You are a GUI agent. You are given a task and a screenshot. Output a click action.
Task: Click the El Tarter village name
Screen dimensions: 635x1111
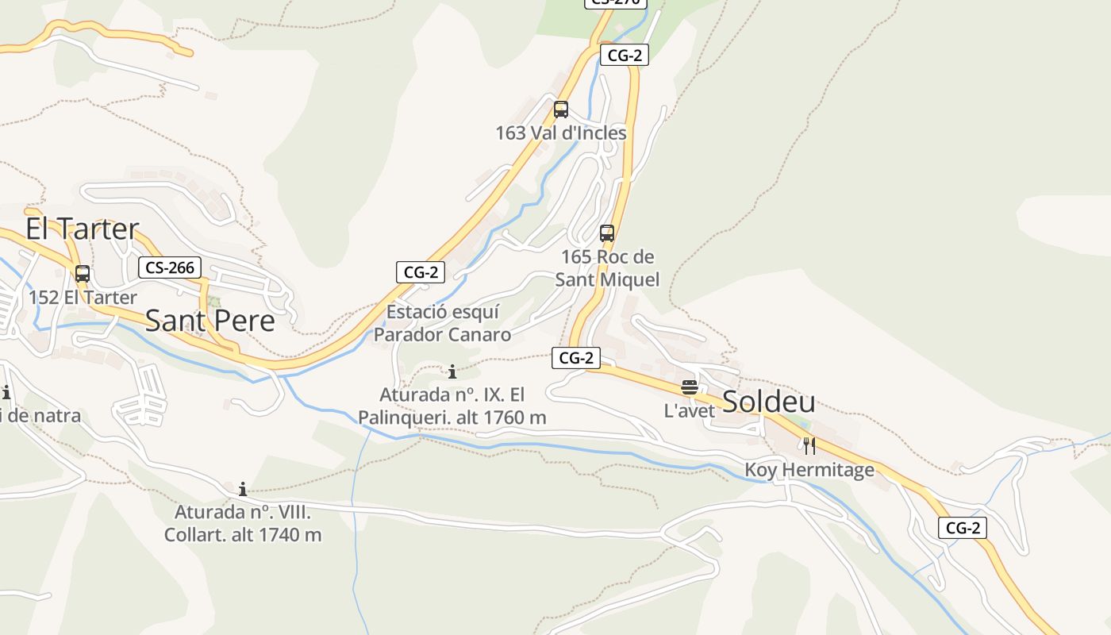pyautogui.click(x=83, y=229)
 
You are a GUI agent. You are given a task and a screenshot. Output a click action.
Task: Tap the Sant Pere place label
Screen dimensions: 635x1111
pyautogui.click(x=210, y=321)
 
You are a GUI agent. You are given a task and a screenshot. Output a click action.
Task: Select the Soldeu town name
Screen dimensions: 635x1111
pyautogui.click(x=768, y=402)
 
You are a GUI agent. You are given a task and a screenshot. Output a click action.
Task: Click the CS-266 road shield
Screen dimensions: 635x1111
pyautogui.click(x=170, y=267)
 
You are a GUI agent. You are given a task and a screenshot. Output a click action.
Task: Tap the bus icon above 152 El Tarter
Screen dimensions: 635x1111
pyautogui.click(x=83, y=274)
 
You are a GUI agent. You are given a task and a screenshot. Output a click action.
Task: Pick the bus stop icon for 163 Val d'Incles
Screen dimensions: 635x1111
pyautogui.click(x=561, y=110)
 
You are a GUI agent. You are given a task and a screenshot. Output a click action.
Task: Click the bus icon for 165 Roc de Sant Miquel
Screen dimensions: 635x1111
pyautogui.click(x=607, y=233)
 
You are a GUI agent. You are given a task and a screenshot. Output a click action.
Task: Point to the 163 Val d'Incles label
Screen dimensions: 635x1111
pyautogui.click(x=561, y=133)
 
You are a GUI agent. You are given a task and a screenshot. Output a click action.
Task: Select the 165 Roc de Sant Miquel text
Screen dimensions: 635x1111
pyautogui.click(x=607, y=268)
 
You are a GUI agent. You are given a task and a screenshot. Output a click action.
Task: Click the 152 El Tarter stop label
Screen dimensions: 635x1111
pyautogui.click(x=83, y=298)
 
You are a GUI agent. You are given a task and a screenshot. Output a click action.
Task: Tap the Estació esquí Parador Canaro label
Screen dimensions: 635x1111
pyautogui.click(x=443, y=323)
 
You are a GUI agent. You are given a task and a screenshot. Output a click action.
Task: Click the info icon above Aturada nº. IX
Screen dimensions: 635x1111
pyautogui.click(x=452, y=371)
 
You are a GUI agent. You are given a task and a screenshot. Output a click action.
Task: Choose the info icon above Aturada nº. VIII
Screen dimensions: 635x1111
pyautogui.click(x=243, y=489)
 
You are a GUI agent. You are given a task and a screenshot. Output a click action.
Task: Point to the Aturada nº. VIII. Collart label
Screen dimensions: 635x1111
pyautogui.click(x=243, y=523)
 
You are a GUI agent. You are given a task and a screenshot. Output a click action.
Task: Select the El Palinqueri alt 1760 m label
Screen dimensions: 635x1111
pyautogui.click(x=452, y=406)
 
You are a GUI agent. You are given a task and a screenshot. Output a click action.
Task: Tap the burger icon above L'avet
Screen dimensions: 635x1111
pyautogui.click(x=690, y=387)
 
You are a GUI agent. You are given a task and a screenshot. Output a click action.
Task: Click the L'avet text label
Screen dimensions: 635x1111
pyautogui.click(x=690, y=411)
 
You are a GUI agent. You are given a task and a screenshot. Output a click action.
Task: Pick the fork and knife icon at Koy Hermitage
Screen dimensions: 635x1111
pyautogui.click(x=809, y=446)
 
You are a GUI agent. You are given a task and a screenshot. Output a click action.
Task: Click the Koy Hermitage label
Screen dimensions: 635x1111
pyautogui.click(x=809, y=470)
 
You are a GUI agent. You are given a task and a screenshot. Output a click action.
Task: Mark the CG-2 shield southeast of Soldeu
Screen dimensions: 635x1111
pyautogui.click(x=963, y=528)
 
